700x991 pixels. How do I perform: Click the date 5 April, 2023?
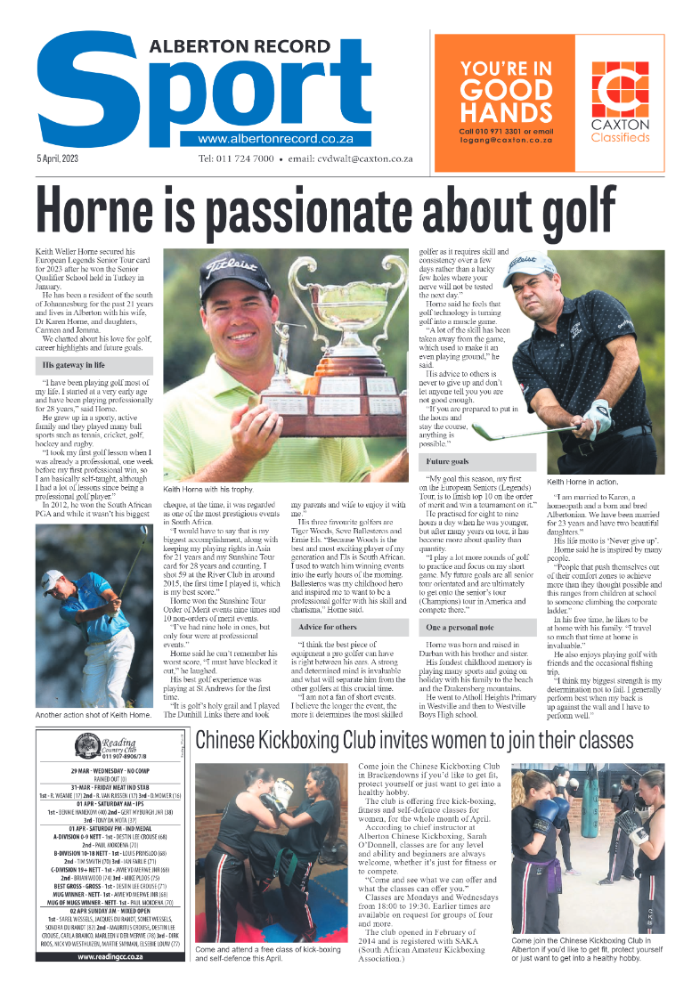coord(58,158)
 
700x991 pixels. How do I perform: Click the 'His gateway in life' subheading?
coord(73,365)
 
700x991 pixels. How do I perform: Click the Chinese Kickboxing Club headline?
coord(414,741)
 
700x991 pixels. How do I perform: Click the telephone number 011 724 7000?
coord(236,158)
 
